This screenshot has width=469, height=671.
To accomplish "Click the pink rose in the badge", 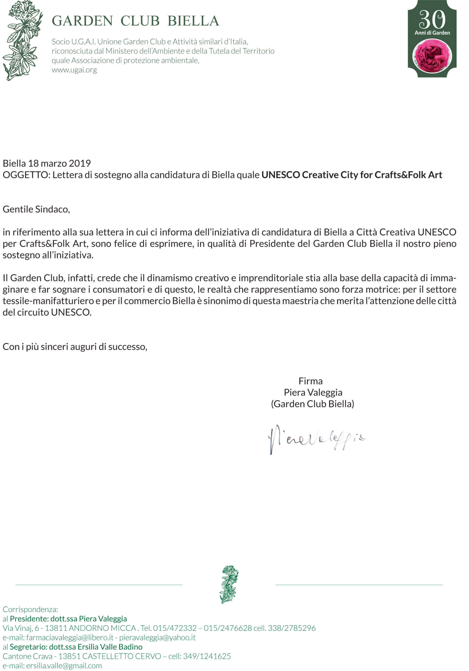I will (432, 56).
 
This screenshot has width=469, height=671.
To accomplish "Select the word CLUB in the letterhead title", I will (140, 21).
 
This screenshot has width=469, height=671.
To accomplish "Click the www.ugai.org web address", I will (74, 70).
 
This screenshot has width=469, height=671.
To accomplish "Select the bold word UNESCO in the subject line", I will (281, 175).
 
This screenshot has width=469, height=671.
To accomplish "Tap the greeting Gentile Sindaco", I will (36, 209).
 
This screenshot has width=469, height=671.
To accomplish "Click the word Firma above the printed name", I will (310, 381).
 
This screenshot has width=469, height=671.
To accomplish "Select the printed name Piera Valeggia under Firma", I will (313, 392).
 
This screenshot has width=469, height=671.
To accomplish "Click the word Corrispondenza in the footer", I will (30, 609).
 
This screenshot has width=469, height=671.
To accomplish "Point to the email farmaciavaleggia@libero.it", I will (69, 637).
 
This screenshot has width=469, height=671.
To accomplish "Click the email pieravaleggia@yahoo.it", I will (157, 637).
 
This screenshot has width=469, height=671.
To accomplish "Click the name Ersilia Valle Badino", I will (110, 647).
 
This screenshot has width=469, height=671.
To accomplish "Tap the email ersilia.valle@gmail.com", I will (64, 665).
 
